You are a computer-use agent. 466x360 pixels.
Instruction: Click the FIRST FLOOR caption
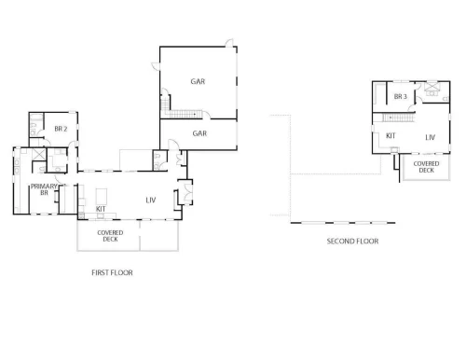[x=112, y=272]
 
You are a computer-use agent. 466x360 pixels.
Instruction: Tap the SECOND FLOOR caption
[x=352, y=242]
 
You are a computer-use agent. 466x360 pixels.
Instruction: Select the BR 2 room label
[x=61, y=129]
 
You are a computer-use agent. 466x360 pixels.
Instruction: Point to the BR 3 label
[x=401, y=97]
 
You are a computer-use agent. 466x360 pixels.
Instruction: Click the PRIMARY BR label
[x=44, y=189]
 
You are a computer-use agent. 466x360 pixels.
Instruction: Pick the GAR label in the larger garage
[x=198, y=81]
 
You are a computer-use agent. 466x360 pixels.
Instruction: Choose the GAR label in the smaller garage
[x=199, y=133]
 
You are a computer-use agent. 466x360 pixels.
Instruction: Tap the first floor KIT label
[x=101, y=209]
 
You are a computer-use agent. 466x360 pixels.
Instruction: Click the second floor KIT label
[x=391, y=136]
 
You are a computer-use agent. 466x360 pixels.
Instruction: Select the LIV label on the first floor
[x=151, y=201]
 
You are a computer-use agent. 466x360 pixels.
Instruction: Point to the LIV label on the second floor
[x=431, y=137]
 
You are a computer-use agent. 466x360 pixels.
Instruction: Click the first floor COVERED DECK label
[x=110, y=236]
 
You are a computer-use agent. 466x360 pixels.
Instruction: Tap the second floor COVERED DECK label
[x=426, y=167]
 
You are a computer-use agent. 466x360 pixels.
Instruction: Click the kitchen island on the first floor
[x=102, y=197]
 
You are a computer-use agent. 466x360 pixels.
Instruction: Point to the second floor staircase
[x=399, y=118]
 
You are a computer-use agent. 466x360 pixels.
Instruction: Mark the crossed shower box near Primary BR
[x=39, y=155]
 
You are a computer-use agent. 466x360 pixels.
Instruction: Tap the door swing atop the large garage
[x=229, y=43]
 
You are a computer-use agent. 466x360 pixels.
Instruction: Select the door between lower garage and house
[x=172, y=145]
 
